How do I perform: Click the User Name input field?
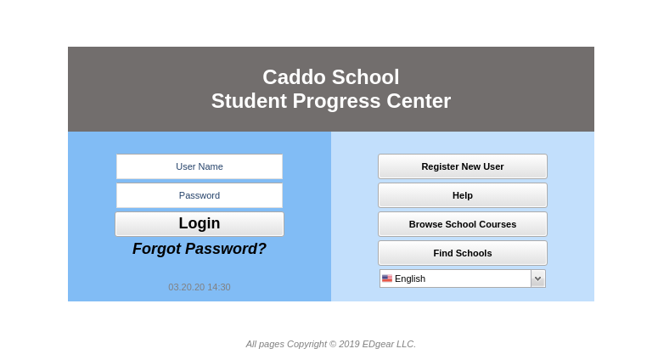(200, 166)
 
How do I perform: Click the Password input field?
(200, 195)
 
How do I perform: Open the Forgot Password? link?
(200, 249)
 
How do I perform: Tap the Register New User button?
(463, 166)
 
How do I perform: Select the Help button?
(463, 195)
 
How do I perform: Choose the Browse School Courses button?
(463, 224)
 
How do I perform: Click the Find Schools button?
(463, 253)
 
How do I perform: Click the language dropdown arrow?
(537, 278)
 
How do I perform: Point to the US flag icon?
(387, 278)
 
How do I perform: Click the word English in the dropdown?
(410, 278)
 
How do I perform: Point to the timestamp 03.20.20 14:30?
(200, 287)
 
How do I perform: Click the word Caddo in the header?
(293, 77)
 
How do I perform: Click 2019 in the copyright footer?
(348, 344)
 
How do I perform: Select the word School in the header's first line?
(364, 77)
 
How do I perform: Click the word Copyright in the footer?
(307, 344)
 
